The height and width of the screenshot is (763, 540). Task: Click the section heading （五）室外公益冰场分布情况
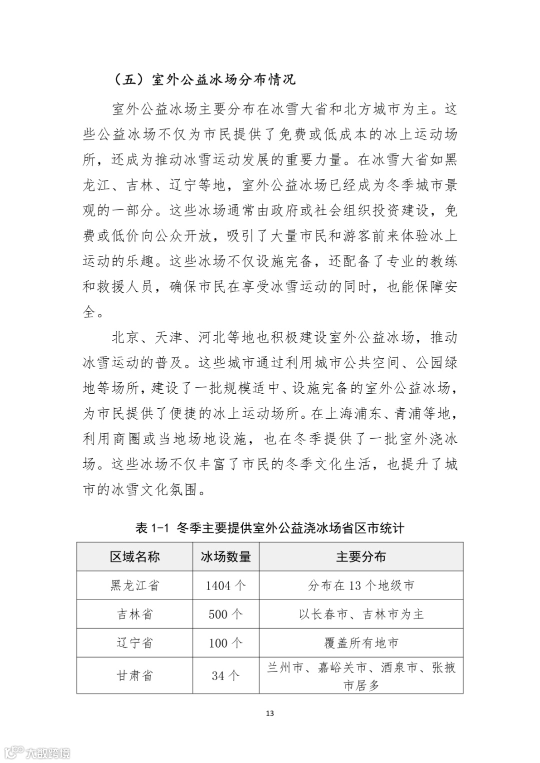[204, 79]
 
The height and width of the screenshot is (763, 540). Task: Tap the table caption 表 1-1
[269, 528]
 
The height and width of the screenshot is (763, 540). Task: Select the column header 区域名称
[134, 557]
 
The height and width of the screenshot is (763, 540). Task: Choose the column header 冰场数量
[225, 557]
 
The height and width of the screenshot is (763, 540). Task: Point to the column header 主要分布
[361, 557]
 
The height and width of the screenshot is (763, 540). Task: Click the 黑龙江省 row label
[134, 586]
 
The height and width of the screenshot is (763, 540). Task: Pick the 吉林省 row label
[134, 614]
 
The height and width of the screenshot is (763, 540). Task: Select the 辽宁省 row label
[134, 643]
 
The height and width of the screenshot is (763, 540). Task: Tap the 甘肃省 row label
[134, 676]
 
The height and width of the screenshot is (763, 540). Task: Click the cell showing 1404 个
[225, 586]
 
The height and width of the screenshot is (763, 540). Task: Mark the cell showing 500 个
[225, 614]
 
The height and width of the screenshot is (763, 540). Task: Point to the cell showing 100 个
[225, 643]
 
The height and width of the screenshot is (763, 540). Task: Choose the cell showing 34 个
[225, 676]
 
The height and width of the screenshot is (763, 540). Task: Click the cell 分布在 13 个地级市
[361, 586]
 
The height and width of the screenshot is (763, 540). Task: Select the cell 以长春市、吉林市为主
[361, 614]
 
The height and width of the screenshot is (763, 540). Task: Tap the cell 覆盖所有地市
[361, 643]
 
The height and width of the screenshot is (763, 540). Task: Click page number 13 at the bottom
[270, 713]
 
